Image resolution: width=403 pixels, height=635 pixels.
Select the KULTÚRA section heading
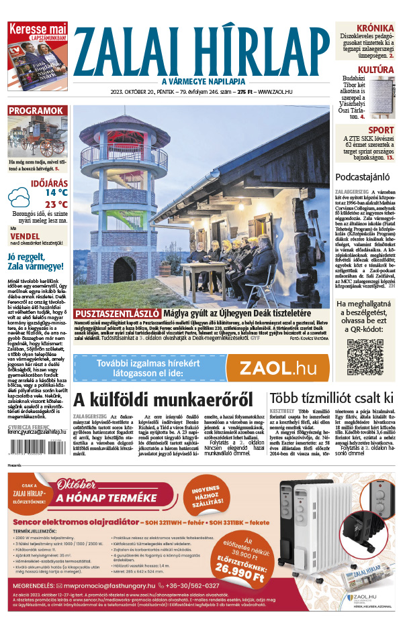(375, 70)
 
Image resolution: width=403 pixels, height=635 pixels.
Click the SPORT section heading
(382, 130)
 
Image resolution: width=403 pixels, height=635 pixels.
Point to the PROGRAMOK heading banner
(37, 111)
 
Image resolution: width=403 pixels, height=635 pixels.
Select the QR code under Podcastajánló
(365, 357)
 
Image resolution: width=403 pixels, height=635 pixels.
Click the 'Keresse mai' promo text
(38, 29)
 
